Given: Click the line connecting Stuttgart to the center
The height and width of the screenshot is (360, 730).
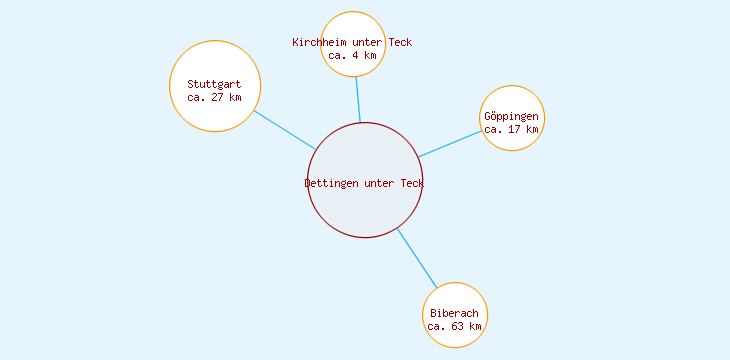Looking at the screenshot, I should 285,130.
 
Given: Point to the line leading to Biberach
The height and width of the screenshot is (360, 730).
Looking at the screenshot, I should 417,257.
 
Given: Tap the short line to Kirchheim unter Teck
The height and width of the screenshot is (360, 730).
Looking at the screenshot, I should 358,99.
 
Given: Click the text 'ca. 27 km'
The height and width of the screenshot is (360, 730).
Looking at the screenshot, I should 214,97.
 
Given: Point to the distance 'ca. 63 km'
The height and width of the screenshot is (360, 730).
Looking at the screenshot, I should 455,326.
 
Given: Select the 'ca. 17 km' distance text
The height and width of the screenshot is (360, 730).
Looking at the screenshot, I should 512,129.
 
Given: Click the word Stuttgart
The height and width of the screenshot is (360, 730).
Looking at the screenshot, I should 214,84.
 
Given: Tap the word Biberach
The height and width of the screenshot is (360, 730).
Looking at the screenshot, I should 455,313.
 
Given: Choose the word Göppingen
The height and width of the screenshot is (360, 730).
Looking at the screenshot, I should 512,116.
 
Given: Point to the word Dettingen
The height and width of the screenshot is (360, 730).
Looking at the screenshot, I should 331,183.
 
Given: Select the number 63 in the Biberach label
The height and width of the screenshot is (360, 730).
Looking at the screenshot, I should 458,326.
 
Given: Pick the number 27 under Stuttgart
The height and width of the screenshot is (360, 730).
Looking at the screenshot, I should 217,97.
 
